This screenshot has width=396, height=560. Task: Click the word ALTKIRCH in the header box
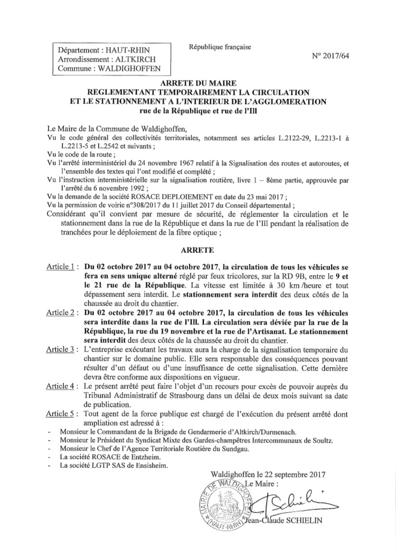(136, 60)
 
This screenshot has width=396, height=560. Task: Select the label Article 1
(60, 267)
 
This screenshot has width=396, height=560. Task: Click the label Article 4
(60, 386)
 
